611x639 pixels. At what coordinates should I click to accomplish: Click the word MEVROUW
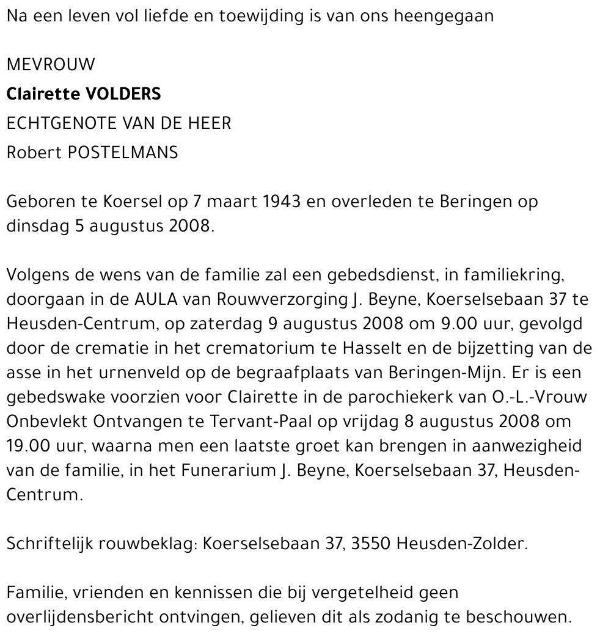(51, 64)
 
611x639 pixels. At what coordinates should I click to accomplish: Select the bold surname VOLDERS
(125, 94)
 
